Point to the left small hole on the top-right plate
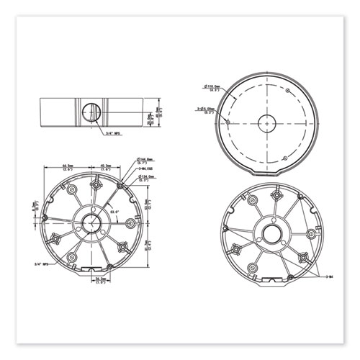click(228, 122)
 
